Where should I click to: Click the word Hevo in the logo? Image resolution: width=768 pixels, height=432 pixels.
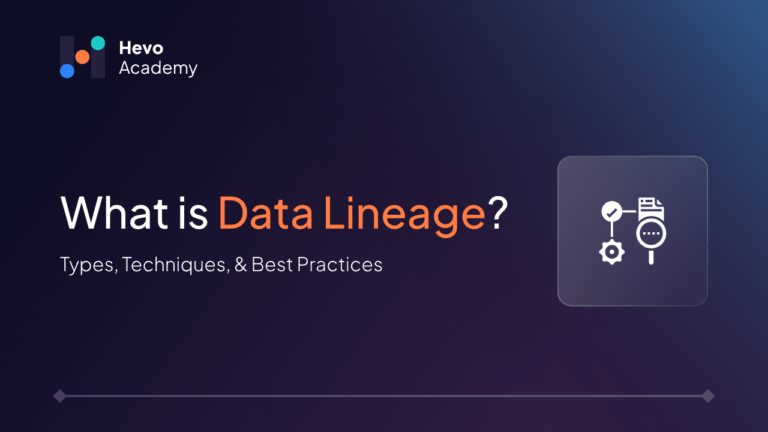coord(141,48)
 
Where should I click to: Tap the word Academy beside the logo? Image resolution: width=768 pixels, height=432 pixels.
coord(158,69)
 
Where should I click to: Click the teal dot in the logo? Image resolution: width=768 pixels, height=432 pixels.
coord(98,43)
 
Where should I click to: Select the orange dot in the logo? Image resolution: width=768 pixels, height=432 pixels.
coord(82,57)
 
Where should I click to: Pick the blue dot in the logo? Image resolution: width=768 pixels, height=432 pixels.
coord(67,71)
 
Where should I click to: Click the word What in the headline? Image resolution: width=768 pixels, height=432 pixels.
coord(114,213)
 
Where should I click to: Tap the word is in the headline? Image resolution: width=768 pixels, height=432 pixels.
coord(193,214)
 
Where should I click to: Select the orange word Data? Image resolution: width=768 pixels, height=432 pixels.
coord(265,213)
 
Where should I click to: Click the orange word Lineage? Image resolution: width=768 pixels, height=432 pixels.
coord(405,216)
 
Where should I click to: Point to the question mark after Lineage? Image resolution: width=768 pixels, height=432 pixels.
coord(498,213)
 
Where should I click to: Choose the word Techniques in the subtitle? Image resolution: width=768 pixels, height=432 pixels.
coord(175,265)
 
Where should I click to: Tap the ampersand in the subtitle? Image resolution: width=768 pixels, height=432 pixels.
coord(240,264)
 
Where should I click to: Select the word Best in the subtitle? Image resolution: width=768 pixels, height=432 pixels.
coord(272,264)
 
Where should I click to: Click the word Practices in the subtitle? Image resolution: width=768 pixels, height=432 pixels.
coord(339,264)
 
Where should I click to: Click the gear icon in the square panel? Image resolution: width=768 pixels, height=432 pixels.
coord(612,252)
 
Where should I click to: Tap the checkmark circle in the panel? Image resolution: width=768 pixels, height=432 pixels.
coord(612,212)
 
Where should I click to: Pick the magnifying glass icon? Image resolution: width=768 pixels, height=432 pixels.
coord(651,241)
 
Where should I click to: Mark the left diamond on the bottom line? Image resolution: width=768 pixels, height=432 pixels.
coord(60,396)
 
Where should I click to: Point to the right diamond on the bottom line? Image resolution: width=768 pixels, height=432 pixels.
coord(708,396)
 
